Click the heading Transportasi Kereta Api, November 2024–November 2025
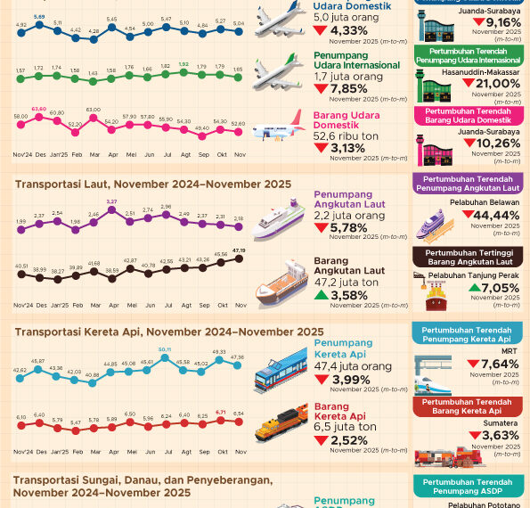pyautogui.click(x=169, y=332)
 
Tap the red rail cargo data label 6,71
pyautogui.click(x=221, y=413)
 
